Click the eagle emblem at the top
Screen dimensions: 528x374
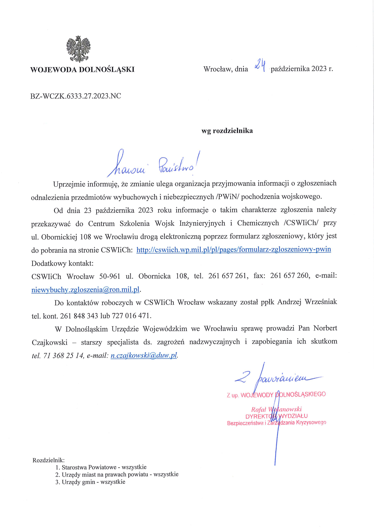[x=78, y=49]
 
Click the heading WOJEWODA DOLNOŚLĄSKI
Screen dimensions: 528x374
[x=82, y=69]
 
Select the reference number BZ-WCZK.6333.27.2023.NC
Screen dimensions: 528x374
[x=76, y=96]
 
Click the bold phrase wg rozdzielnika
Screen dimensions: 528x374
[x=227, y=131]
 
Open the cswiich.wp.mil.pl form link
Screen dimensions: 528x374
[x=233, y=250]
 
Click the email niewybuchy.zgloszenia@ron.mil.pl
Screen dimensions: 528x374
[x=85, y=289]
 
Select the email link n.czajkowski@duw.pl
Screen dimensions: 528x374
[x=144, y=355]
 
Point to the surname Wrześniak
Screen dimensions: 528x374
[x=321, y=302]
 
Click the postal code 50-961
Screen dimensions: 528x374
[x=110, y=276]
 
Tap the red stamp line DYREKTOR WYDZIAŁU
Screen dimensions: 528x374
[x=276, y=416]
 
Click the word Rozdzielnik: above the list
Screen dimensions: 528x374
[x=48, y=460]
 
